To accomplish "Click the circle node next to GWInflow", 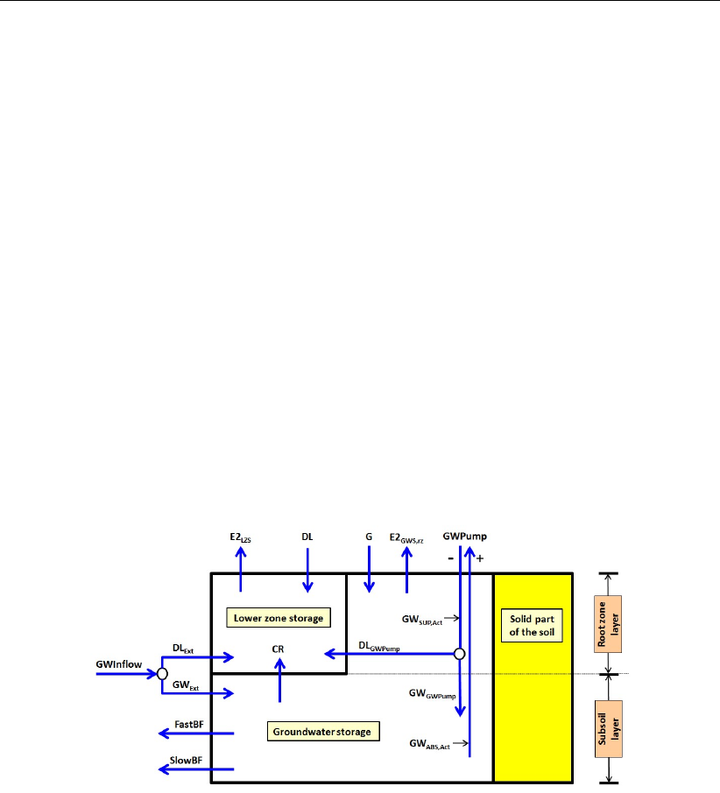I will pos(162,674).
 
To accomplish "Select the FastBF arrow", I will pos(195,733).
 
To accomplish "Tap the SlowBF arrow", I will pos(195,768).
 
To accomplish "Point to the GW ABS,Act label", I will pos(429,744).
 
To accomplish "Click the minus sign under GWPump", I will pos(451,557).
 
